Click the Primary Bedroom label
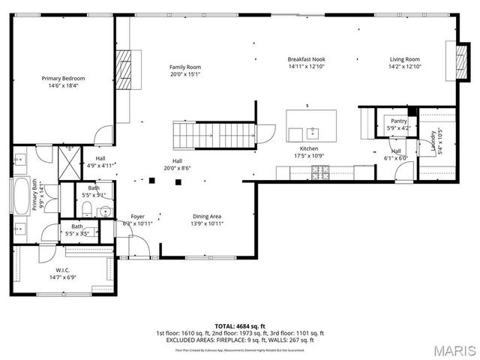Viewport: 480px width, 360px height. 63,79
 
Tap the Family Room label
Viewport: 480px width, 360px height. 185,67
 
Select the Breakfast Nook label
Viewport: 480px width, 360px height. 306,59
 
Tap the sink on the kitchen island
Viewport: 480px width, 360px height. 312,133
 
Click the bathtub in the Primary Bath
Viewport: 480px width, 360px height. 21,196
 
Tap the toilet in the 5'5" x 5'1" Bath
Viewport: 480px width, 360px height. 88,208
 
